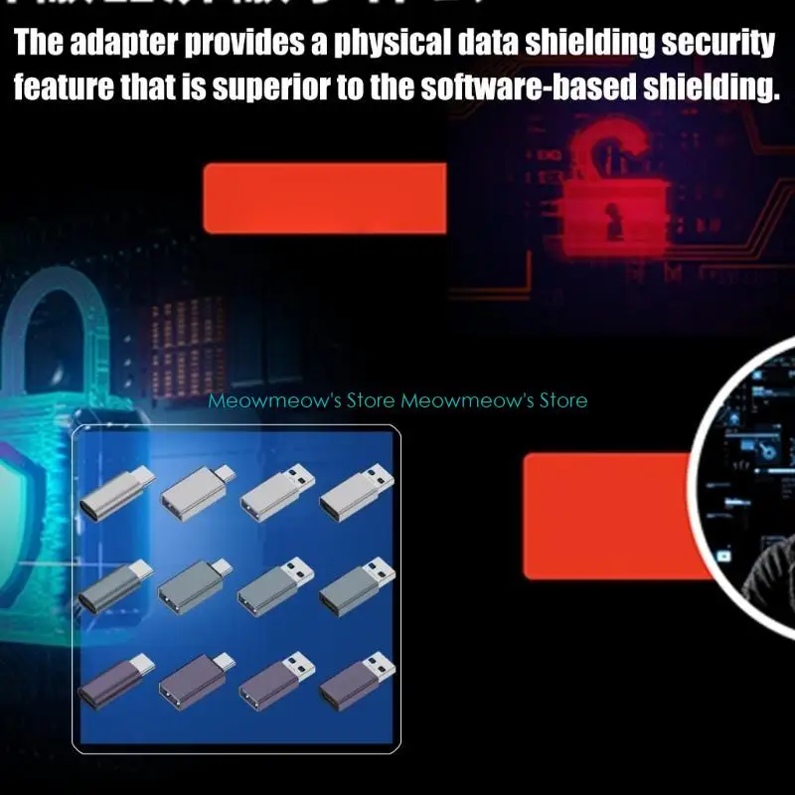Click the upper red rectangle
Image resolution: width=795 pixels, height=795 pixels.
click(x=324, y=199)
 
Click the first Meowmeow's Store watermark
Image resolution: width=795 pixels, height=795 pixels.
click(x=302, y=400)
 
